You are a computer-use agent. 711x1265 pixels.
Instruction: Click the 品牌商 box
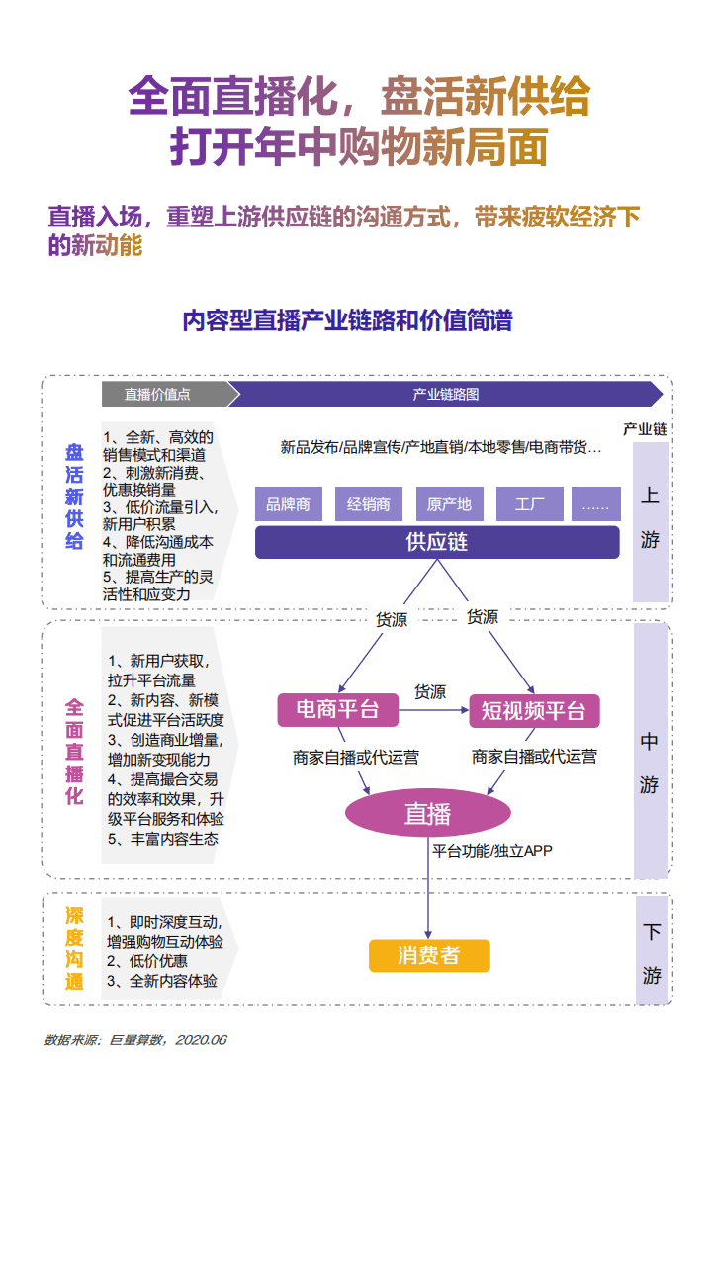click(288, 504)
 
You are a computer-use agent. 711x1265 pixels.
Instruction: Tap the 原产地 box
click(449, 504)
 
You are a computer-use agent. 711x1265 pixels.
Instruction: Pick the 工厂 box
click(530, 504)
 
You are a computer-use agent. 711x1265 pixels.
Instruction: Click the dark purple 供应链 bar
click(437, 542)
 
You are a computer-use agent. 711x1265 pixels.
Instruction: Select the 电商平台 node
click(337, 709)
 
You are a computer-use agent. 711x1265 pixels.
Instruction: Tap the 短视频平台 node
click(534, 710)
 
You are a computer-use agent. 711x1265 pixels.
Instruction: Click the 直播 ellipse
click(427, 813)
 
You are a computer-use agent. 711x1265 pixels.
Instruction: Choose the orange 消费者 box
click(428, 955)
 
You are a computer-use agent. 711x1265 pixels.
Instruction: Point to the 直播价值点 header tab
click(162, 394)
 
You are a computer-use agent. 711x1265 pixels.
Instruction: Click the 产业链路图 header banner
click(445, 394)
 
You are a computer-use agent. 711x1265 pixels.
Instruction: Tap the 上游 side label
click(650, 518)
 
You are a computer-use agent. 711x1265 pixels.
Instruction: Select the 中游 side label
click(650, 763)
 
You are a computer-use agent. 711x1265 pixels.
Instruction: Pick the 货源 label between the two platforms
click(430, 691)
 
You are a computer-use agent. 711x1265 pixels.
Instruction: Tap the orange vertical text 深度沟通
click(75, 948)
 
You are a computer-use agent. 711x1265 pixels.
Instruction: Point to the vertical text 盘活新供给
click(75, 497)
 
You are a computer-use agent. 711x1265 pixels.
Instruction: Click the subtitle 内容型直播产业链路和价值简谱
click(347, 320)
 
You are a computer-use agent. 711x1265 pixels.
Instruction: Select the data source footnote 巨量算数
click(135, 1039)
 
